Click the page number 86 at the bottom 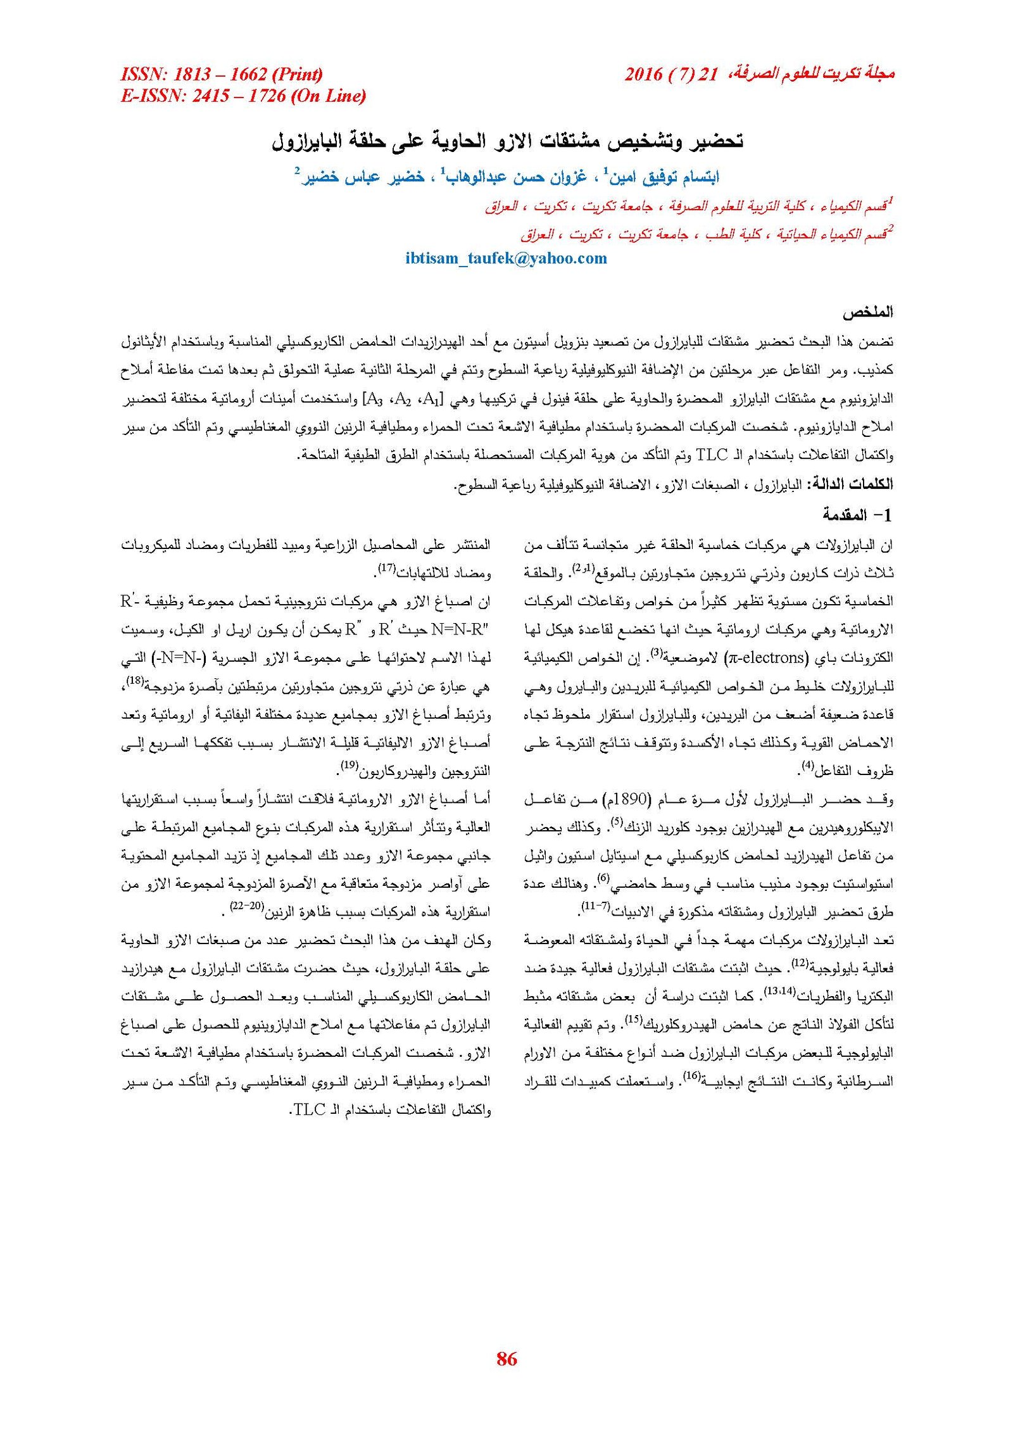pos(507,1359)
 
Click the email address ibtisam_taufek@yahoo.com pos(506,258)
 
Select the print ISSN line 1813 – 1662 pos(222,75)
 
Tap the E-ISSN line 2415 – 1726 pos(243,96)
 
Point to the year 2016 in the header pos(643,75)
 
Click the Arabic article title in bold pos(507,141)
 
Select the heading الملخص pos(867,312)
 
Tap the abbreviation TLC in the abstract pos(712,455)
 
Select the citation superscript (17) pos(387,569)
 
